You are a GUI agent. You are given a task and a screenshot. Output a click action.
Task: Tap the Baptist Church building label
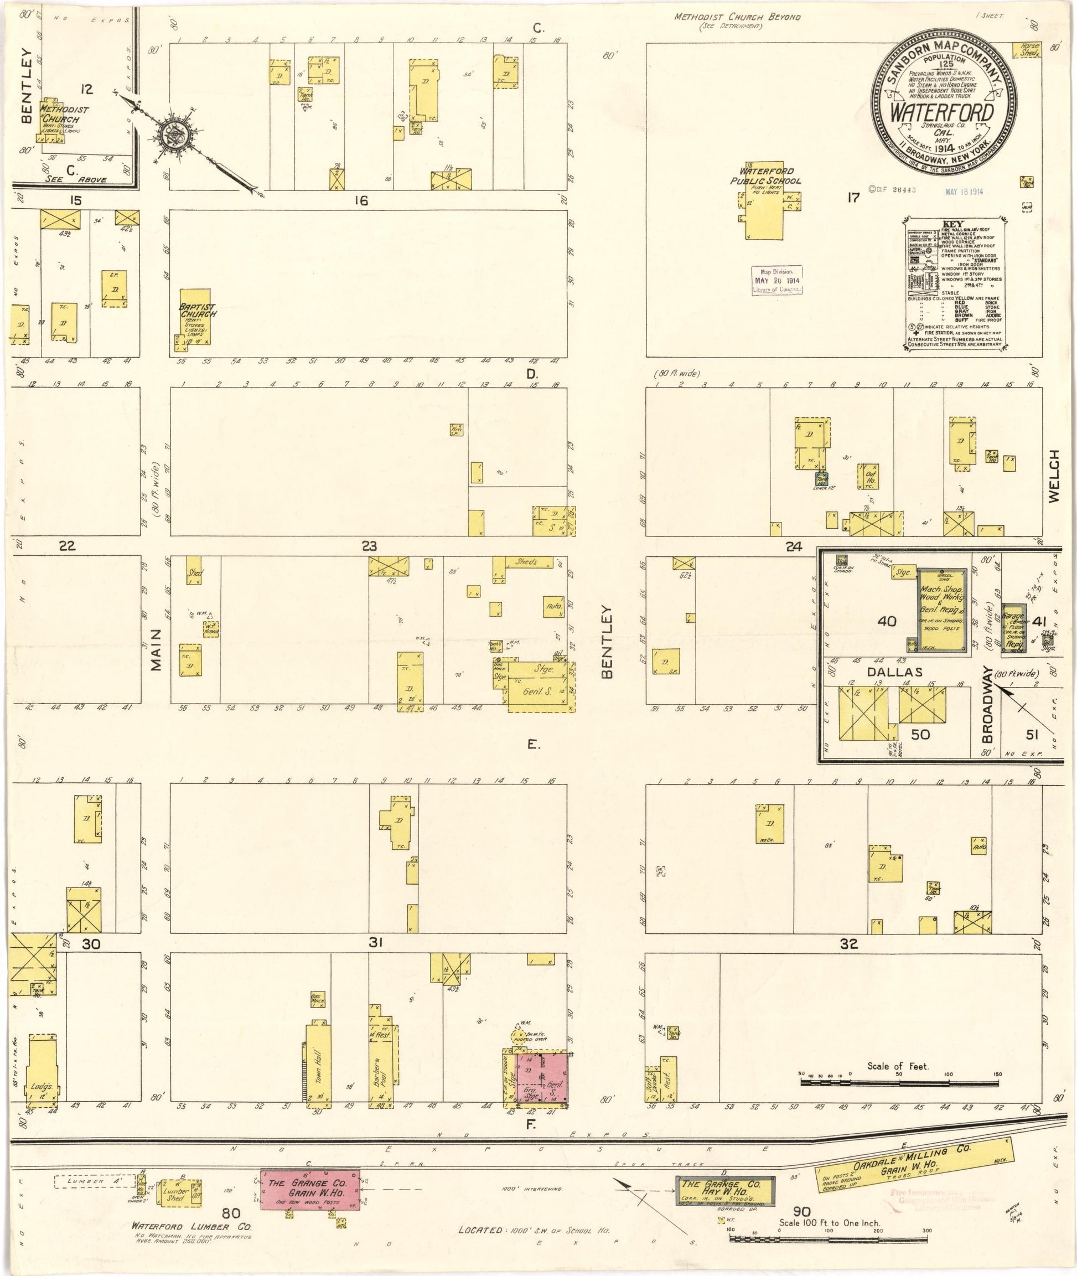point(197,310)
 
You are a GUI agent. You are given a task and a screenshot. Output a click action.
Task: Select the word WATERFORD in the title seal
point(941,112)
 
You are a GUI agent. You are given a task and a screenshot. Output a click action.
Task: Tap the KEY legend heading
point(952,224)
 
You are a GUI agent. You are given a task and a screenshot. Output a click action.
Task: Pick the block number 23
point(369,546)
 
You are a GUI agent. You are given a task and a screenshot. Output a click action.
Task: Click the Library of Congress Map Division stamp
point(776,280)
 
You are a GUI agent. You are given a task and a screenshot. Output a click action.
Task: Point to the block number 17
point(853,197)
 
